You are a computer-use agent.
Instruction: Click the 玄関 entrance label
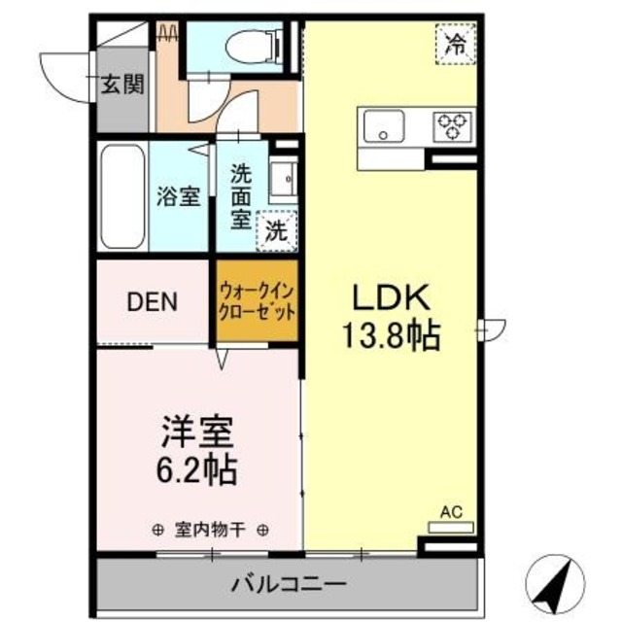pyautogui.click(x=123, y=85)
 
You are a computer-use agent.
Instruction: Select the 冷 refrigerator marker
pyautogui.click(x=454, y=42)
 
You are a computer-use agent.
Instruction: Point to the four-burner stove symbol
pyautogui.click(x=452, y=125)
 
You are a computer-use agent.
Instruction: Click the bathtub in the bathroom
pyautogui.click(x=122, y=198)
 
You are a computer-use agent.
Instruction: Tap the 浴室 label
pyautogui.click(x=179, y=194)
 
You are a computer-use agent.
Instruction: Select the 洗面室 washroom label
pyautogui.click(x=240, y=194)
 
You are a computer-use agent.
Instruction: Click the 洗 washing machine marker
pyautogui.click(x=277, y=231)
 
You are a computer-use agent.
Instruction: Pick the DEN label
pyautogui.click(x=152, y=301)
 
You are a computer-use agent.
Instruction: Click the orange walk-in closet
pyautogui.click(x=256, y=301)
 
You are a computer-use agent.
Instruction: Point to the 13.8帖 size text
pyautogui.click(x=389, y=335)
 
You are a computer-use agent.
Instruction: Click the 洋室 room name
pyautogui.click(x=194, y=429)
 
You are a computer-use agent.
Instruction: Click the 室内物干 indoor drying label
pyautogui.click(x=209, y=530)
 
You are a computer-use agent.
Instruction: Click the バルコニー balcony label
pyautogui.click(x=289, y=584)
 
